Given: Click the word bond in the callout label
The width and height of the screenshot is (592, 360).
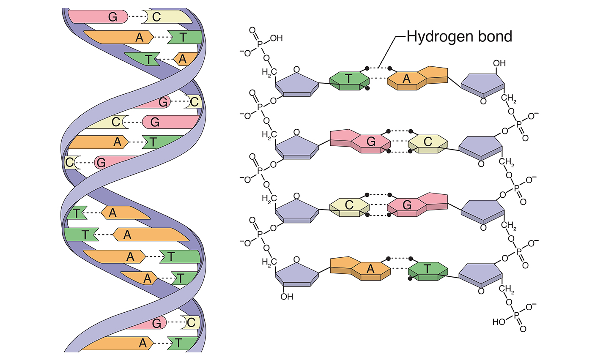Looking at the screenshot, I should click(x=497, y=37).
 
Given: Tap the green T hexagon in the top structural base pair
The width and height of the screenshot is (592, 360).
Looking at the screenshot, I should click(x=349, y=79).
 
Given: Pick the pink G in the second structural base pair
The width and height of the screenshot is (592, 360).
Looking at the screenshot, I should click(x=371, y=142).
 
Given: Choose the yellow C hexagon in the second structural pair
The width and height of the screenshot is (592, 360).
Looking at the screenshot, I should click(x=428, y=142).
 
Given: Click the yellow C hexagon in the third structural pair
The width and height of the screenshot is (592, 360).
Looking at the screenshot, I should click(x=349, y=205).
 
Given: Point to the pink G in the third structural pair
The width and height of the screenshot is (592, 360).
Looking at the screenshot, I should click(x=407, y=205).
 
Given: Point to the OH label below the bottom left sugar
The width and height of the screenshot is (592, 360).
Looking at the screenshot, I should click(x=286, y=296).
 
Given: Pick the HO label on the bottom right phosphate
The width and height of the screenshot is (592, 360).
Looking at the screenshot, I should click(x=499, y=323).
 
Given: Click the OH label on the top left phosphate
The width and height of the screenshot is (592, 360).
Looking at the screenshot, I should click(x=276, y=38).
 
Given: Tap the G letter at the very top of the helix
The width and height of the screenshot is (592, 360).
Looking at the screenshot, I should click(x=113, y=16).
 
